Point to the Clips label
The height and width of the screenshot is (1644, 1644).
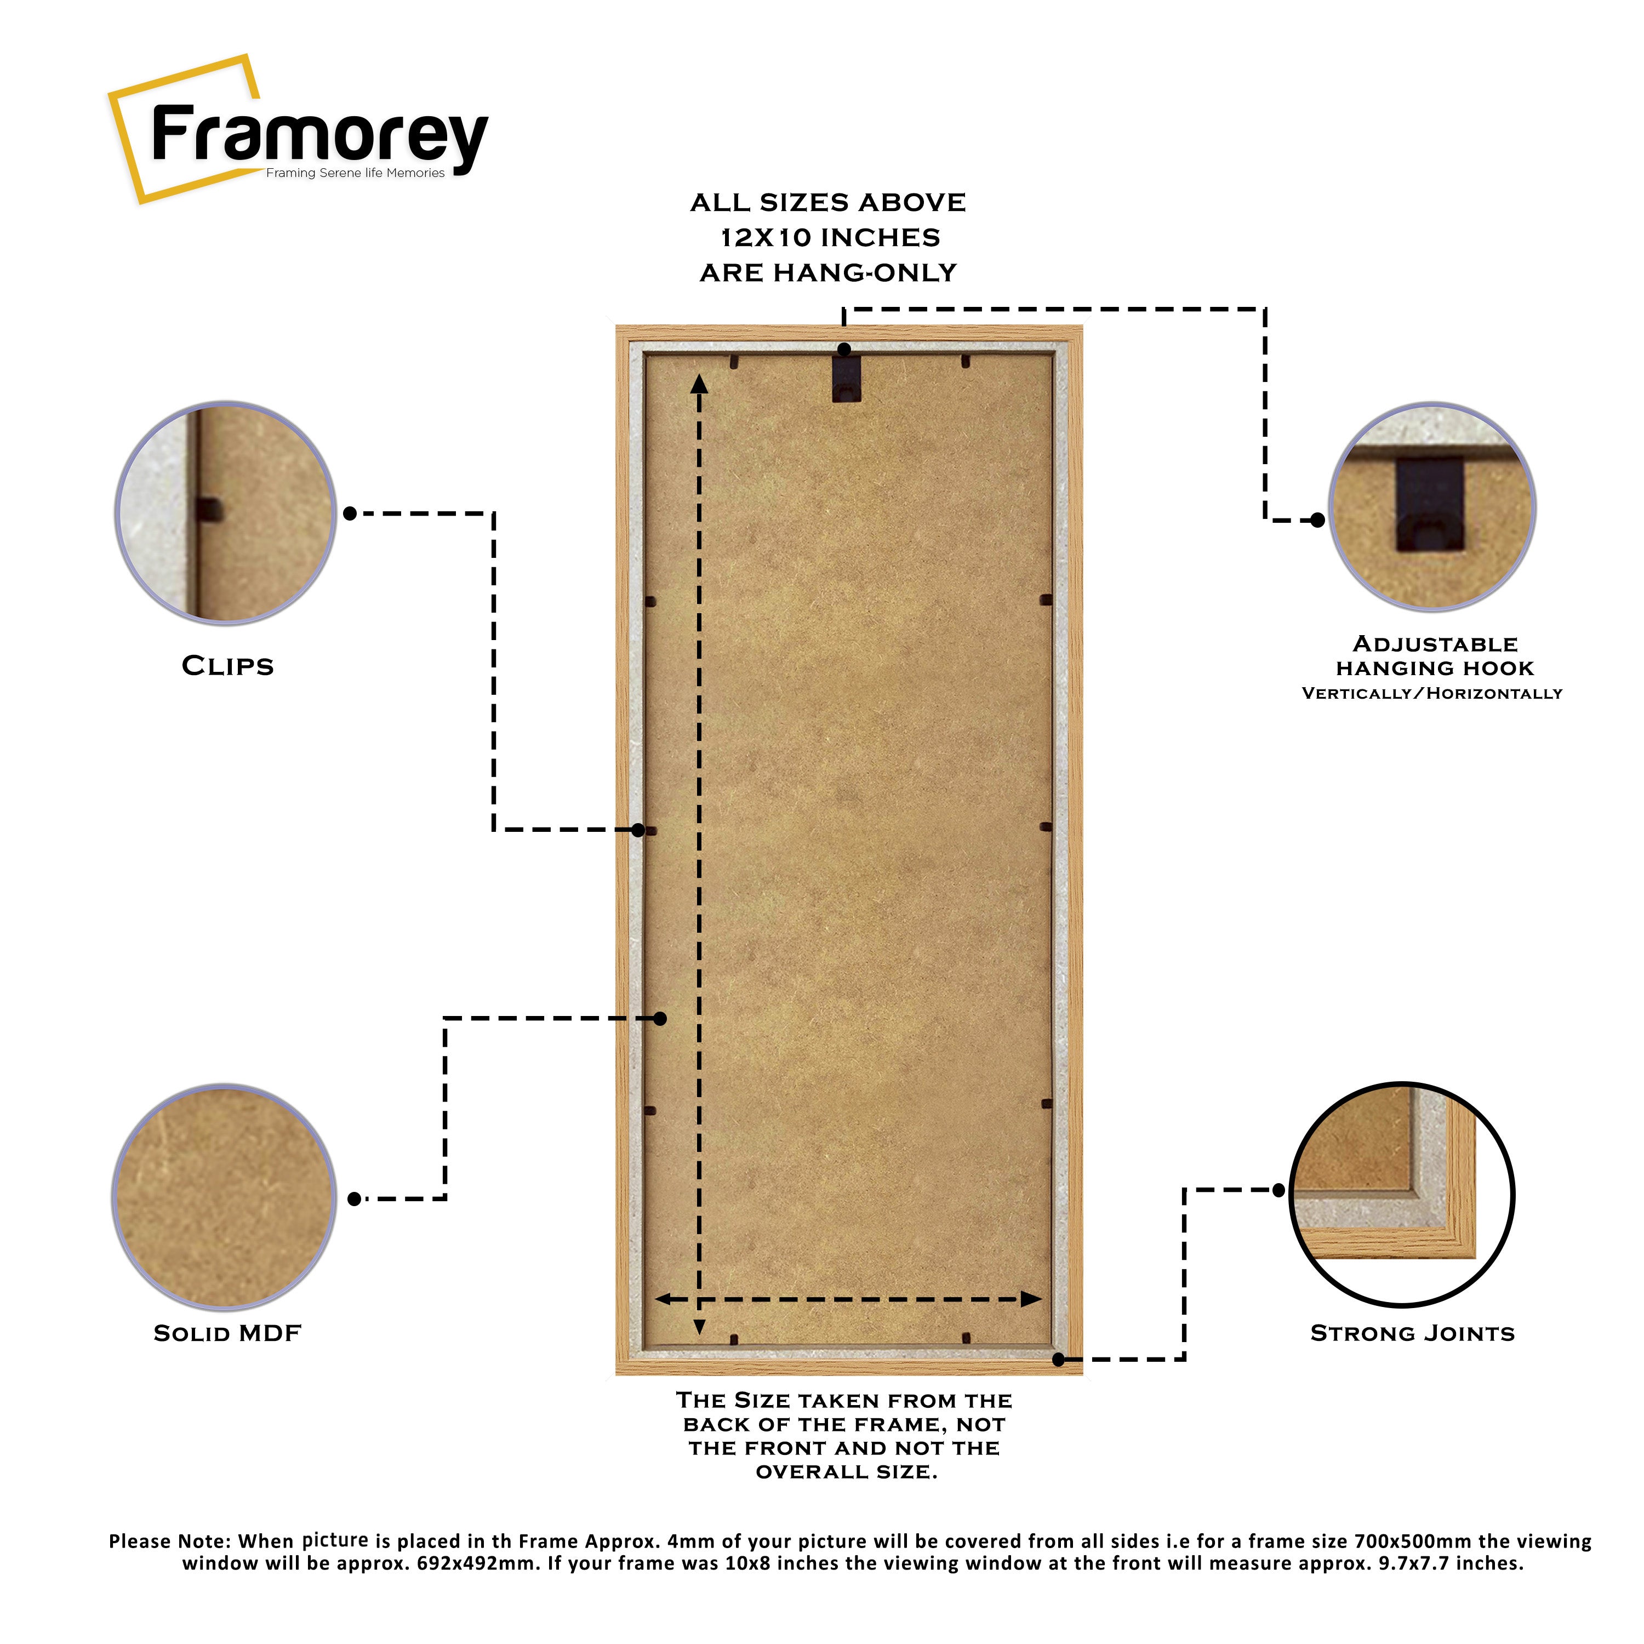tap(228, 666)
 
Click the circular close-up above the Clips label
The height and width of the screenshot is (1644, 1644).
tap(225, 513)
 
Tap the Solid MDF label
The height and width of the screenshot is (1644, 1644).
tap(227, 1333)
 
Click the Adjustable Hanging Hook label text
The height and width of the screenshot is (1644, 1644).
tap(1435, 656)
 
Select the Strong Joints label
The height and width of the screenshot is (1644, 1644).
tap(1413, 1333)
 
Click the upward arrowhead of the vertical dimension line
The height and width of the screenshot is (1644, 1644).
tap(699, 385)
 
